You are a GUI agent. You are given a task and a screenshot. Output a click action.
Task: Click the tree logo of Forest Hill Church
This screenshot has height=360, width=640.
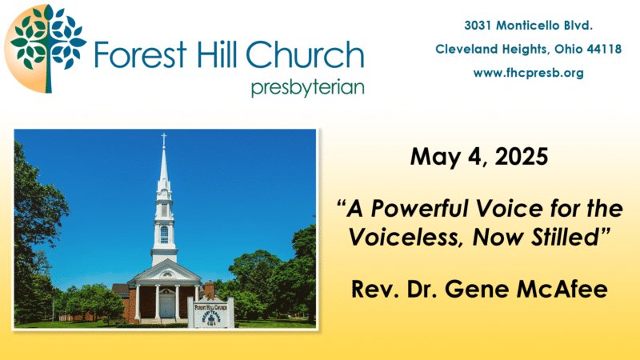click(46, 49)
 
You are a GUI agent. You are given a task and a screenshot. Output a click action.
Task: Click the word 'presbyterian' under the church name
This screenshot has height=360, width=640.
click(307, 88)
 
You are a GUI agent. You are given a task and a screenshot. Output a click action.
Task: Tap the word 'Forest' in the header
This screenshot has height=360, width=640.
click(141, 54)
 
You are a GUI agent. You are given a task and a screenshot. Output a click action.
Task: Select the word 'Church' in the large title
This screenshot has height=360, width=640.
click(305, 54)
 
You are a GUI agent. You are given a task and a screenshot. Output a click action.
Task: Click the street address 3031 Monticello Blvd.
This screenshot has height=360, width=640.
click(528, 26)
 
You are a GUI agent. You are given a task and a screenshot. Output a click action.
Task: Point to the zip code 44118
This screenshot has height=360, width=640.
click(604, 50)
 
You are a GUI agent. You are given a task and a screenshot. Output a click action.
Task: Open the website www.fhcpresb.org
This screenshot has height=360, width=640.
click(528, 73)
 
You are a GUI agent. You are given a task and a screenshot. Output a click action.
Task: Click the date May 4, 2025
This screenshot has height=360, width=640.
click(479, 157)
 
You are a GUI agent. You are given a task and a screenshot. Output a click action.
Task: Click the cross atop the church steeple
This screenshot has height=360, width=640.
click(164, 138)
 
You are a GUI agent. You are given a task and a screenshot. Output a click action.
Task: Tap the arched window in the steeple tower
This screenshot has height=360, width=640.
click(164, 234)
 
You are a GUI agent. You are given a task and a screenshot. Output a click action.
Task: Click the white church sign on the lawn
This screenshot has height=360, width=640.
click(210, 313)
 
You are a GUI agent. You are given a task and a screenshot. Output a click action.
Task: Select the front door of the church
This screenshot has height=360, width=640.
click(166, 306)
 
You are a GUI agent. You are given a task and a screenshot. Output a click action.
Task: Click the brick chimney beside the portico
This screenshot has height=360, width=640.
click(210, 290)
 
